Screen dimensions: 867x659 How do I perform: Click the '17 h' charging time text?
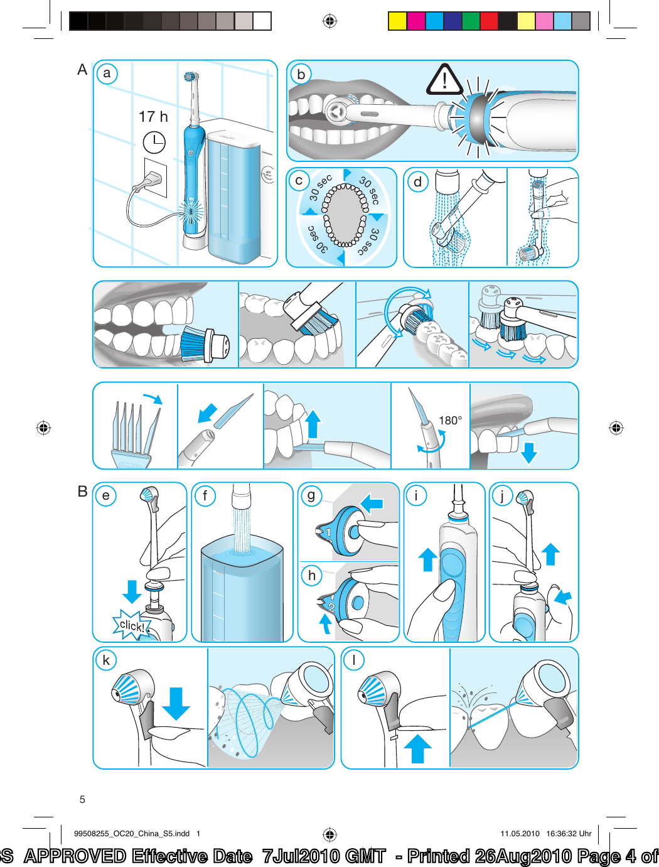[x=153, y=117]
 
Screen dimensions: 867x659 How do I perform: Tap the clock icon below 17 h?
[x=154, y=143]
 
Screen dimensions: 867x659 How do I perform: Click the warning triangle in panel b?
[x=444, y=80]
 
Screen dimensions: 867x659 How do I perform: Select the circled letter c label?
[x=299, y=181]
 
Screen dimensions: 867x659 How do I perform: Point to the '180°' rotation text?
[x=450, y=421]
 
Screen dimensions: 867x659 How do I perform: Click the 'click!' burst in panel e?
[x=132, y=625]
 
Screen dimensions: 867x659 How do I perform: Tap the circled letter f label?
[x=205, y=496]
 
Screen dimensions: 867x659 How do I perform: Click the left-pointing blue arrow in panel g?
[x=372, y=503]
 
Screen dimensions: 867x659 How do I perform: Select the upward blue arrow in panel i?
[x=427, y=559]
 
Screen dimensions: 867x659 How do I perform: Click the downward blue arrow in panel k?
[x=176, y=703]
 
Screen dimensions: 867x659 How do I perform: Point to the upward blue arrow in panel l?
[x=417, y=748]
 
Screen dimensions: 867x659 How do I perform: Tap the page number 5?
[x=82, y=799]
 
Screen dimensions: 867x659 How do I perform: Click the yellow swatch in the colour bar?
[x=397, y=21]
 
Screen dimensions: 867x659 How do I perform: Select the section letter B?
[x=82, y=492]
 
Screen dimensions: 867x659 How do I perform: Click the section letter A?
[x=82, y=70]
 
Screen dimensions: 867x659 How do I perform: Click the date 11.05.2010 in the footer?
[x=520, y=834]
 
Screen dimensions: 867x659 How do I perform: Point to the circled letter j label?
[x=502, y=496]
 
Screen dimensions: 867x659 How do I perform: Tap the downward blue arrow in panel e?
[x=132, y=591]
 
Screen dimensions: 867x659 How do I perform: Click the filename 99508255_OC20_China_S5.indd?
[x=132, y=834]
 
